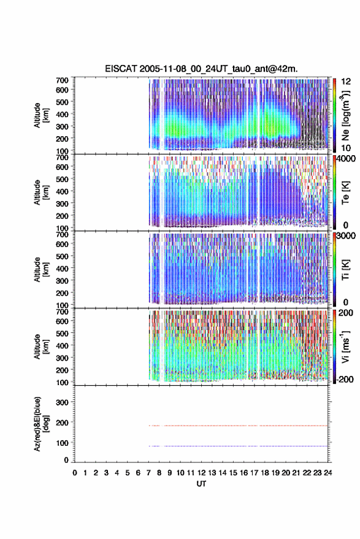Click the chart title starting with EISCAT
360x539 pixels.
click(201, 69)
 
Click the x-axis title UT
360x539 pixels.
click(201, 484)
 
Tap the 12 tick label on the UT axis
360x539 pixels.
click(202, 473)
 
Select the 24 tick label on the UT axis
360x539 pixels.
click(327, 473)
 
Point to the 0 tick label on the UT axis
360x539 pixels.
click(75, 473)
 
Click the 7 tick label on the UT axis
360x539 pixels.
click(148, 473)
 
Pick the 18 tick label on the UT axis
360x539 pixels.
click(265, 473)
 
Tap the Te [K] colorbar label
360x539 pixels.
click(345, 193)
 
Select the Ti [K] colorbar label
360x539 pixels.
click(345, 270)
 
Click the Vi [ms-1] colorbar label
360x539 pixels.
click(345, 346)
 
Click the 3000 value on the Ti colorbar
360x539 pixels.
click(345, 235)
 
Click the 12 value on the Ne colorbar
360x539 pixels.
click(346, 82)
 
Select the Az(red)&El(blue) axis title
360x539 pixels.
click(40, 424)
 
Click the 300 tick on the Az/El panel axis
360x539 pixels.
click(62, 402)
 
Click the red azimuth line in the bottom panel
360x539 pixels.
click(238, 426)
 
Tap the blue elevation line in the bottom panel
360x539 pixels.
click(238, 446)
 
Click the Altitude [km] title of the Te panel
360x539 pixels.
click(40, 193)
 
